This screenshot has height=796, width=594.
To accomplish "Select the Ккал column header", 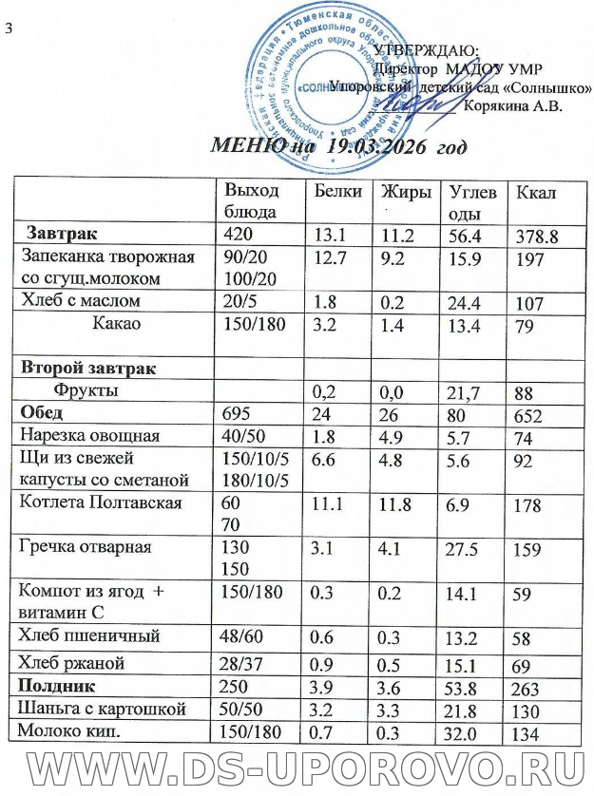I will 535,194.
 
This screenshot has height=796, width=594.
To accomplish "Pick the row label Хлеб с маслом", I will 80,301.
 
